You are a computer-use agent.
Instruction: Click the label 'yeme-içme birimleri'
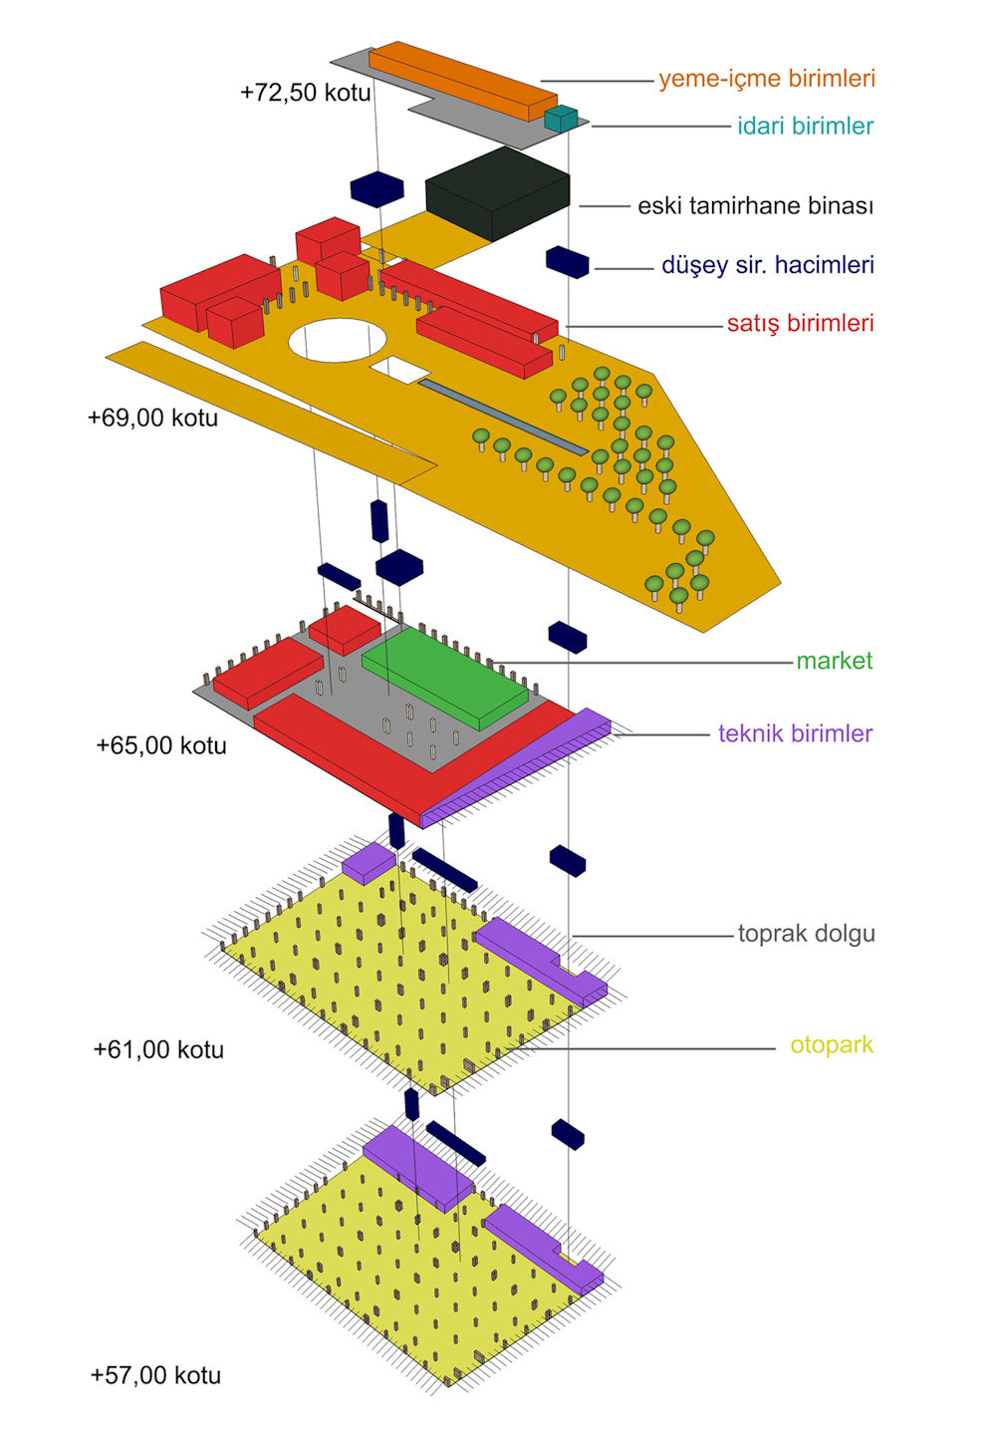767,79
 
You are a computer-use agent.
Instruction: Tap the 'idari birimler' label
805,127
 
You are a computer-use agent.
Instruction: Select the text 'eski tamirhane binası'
755,206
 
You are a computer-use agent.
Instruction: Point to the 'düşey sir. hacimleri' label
768,265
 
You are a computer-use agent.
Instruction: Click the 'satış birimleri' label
800,323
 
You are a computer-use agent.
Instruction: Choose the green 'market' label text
834,661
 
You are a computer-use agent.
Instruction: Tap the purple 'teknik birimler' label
795,734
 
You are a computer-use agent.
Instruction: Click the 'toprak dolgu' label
806,934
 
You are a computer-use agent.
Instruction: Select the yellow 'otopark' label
832,1045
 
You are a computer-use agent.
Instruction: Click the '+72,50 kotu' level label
306,93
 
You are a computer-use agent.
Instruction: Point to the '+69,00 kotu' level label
152,418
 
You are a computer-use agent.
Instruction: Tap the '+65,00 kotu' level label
161,745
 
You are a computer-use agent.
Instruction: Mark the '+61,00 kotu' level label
158,1049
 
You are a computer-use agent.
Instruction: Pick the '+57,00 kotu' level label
155,1375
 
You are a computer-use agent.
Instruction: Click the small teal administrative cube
561,119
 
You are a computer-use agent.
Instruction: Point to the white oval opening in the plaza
337,339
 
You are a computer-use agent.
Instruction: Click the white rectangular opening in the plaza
400,371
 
